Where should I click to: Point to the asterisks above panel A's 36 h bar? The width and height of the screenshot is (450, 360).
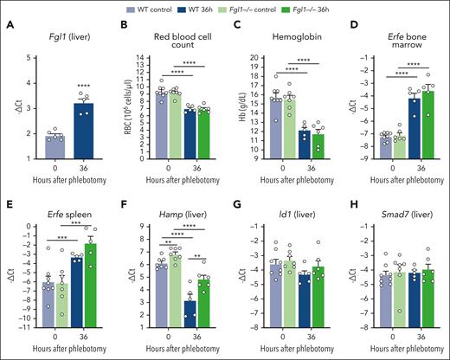84,84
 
